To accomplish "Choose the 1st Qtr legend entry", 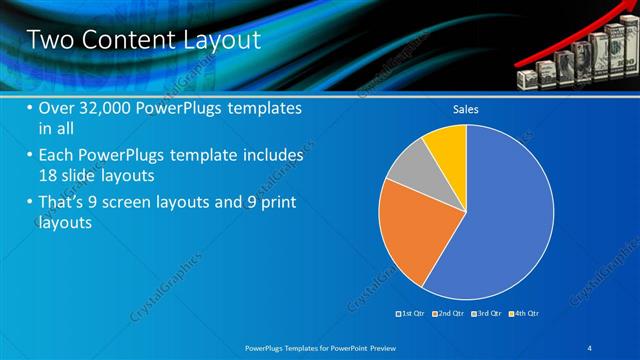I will [411, 314].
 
